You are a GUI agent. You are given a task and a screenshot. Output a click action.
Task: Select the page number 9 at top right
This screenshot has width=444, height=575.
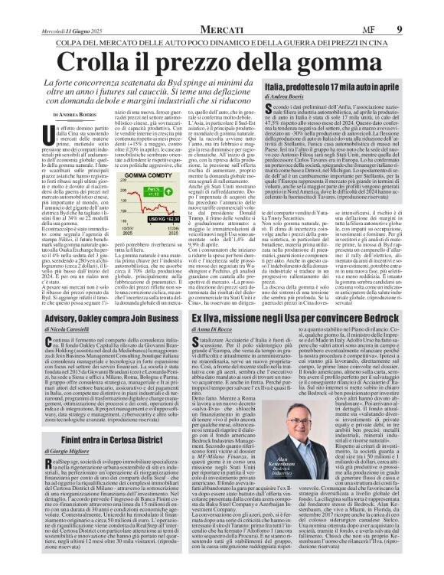(x=420, y=29)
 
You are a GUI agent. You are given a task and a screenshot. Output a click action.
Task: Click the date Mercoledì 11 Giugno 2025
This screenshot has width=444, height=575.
(x=73, y=30)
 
